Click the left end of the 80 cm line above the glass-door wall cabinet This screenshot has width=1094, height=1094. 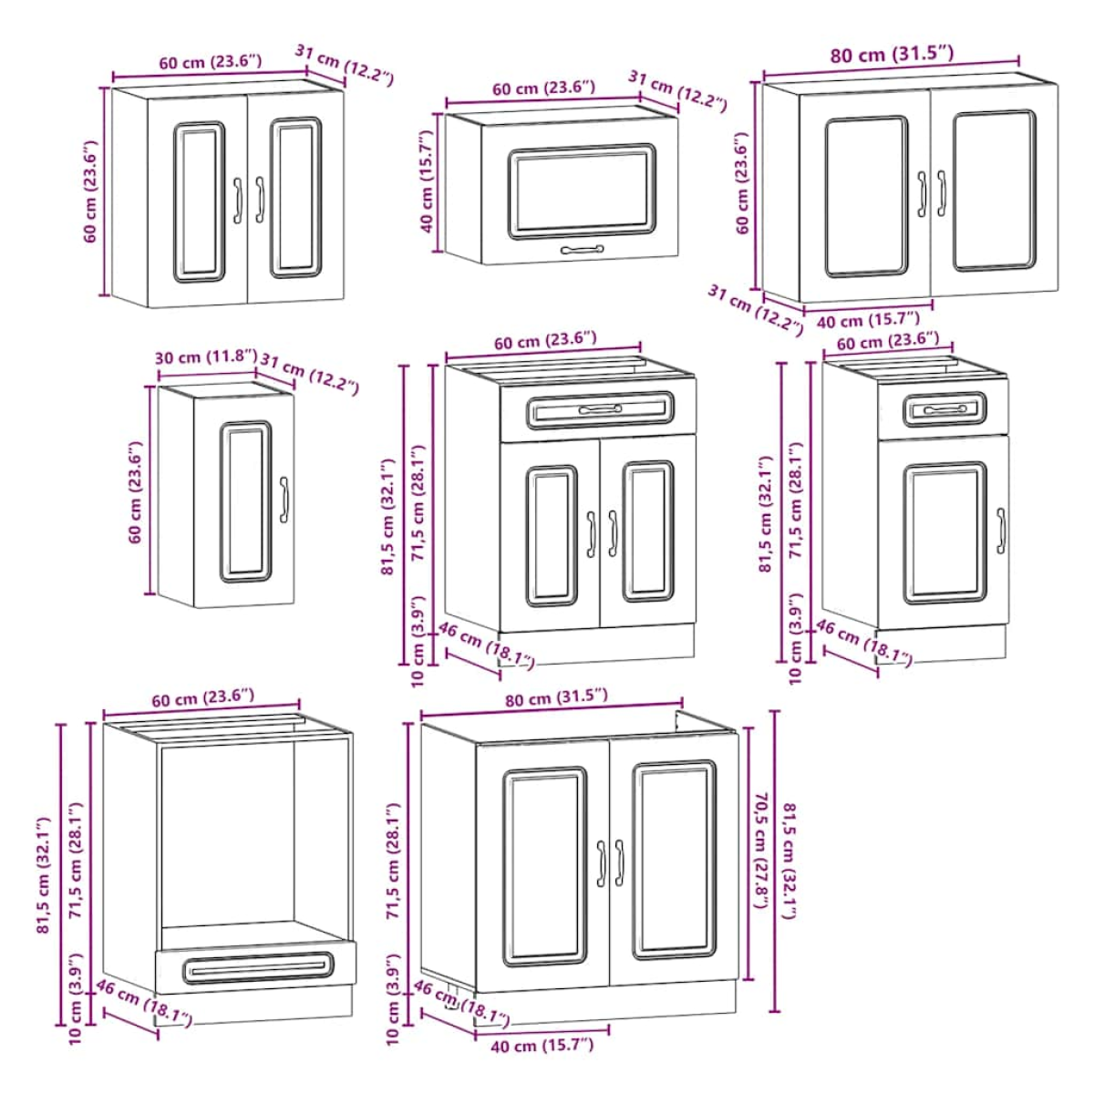point(764,76)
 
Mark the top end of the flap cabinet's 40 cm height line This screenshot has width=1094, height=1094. point(438,114)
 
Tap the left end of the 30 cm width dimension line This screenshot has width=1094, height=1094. point(159,377)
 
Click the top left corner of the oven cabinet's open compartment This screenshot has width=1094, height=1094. point(161,748)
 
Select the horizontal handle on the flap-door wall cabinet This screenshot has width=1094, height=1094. point(582,249)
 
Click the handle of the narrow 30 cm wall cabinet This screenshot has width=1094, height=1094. point(284,500)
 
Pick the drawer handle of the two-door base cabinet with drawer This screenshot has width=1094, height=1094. point(600,408)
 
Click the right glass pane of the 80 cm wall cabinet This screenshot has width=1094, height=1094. point(994,191)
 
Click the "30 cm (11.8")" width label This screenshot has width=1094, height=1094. point(206,357)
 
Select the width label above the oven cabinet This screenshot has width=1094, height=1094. point(202,697)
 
